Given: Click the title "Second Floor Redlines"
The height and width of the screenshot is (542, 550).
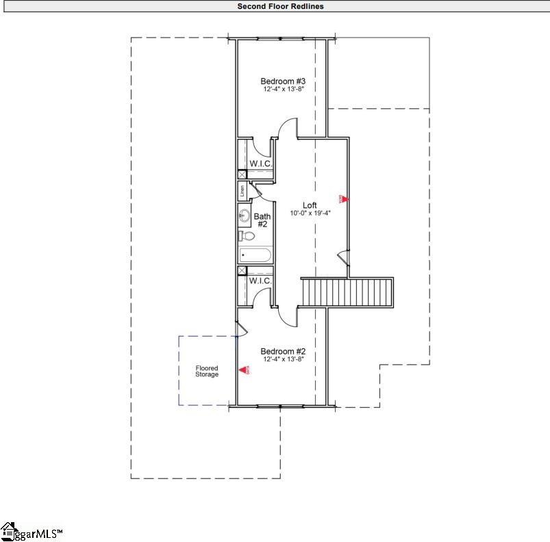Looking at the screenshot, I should (280, 6).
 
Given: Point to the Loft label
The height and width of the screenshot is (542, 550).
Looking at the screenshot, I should (310, 205).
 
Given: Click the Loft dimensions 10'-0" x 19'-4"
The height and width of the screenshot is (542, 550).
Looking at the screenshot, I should (310, 213).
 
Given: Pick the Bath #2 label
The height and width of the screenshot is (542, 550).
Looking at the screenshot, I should (263, 220).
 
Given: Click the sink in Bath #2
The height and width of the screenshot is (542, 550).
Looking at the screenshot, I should (243, 216).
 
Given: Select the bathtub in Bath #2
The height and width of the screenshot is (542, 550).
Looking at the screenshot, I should (255, 255).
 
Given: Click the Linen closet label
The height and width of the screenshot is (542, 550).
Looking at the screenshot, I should (242, 190).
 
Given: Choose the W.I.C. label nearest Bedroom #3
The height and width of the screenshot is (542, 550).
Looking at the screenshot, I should (260, 164).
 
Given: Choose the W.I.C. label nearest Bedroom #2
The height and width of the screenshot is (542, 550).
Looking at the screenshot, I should (260, 281).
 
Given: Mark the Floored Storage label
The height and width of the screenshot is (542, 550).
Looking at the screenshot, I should (207, 371).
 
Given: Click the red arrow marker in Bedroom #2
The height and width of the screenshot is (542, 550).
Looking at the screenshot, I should (243, 370).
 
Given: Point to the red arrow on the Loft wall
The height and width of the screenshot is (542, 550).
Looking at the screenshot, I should (344, 199).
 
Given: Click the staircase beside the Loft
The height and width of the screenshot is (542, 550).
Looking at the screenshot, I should (348, 292).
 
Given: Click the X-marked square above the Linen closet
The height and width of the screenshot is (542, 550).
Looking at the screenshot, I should (242, 175).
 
